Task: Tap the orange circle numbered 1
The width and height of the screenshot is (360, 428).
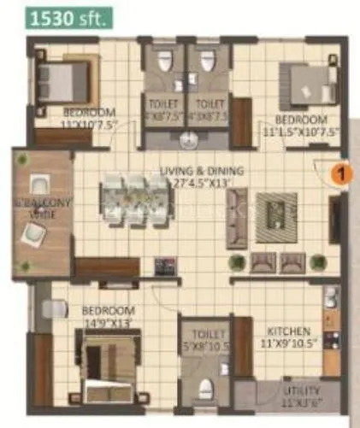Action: (340, 173)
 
